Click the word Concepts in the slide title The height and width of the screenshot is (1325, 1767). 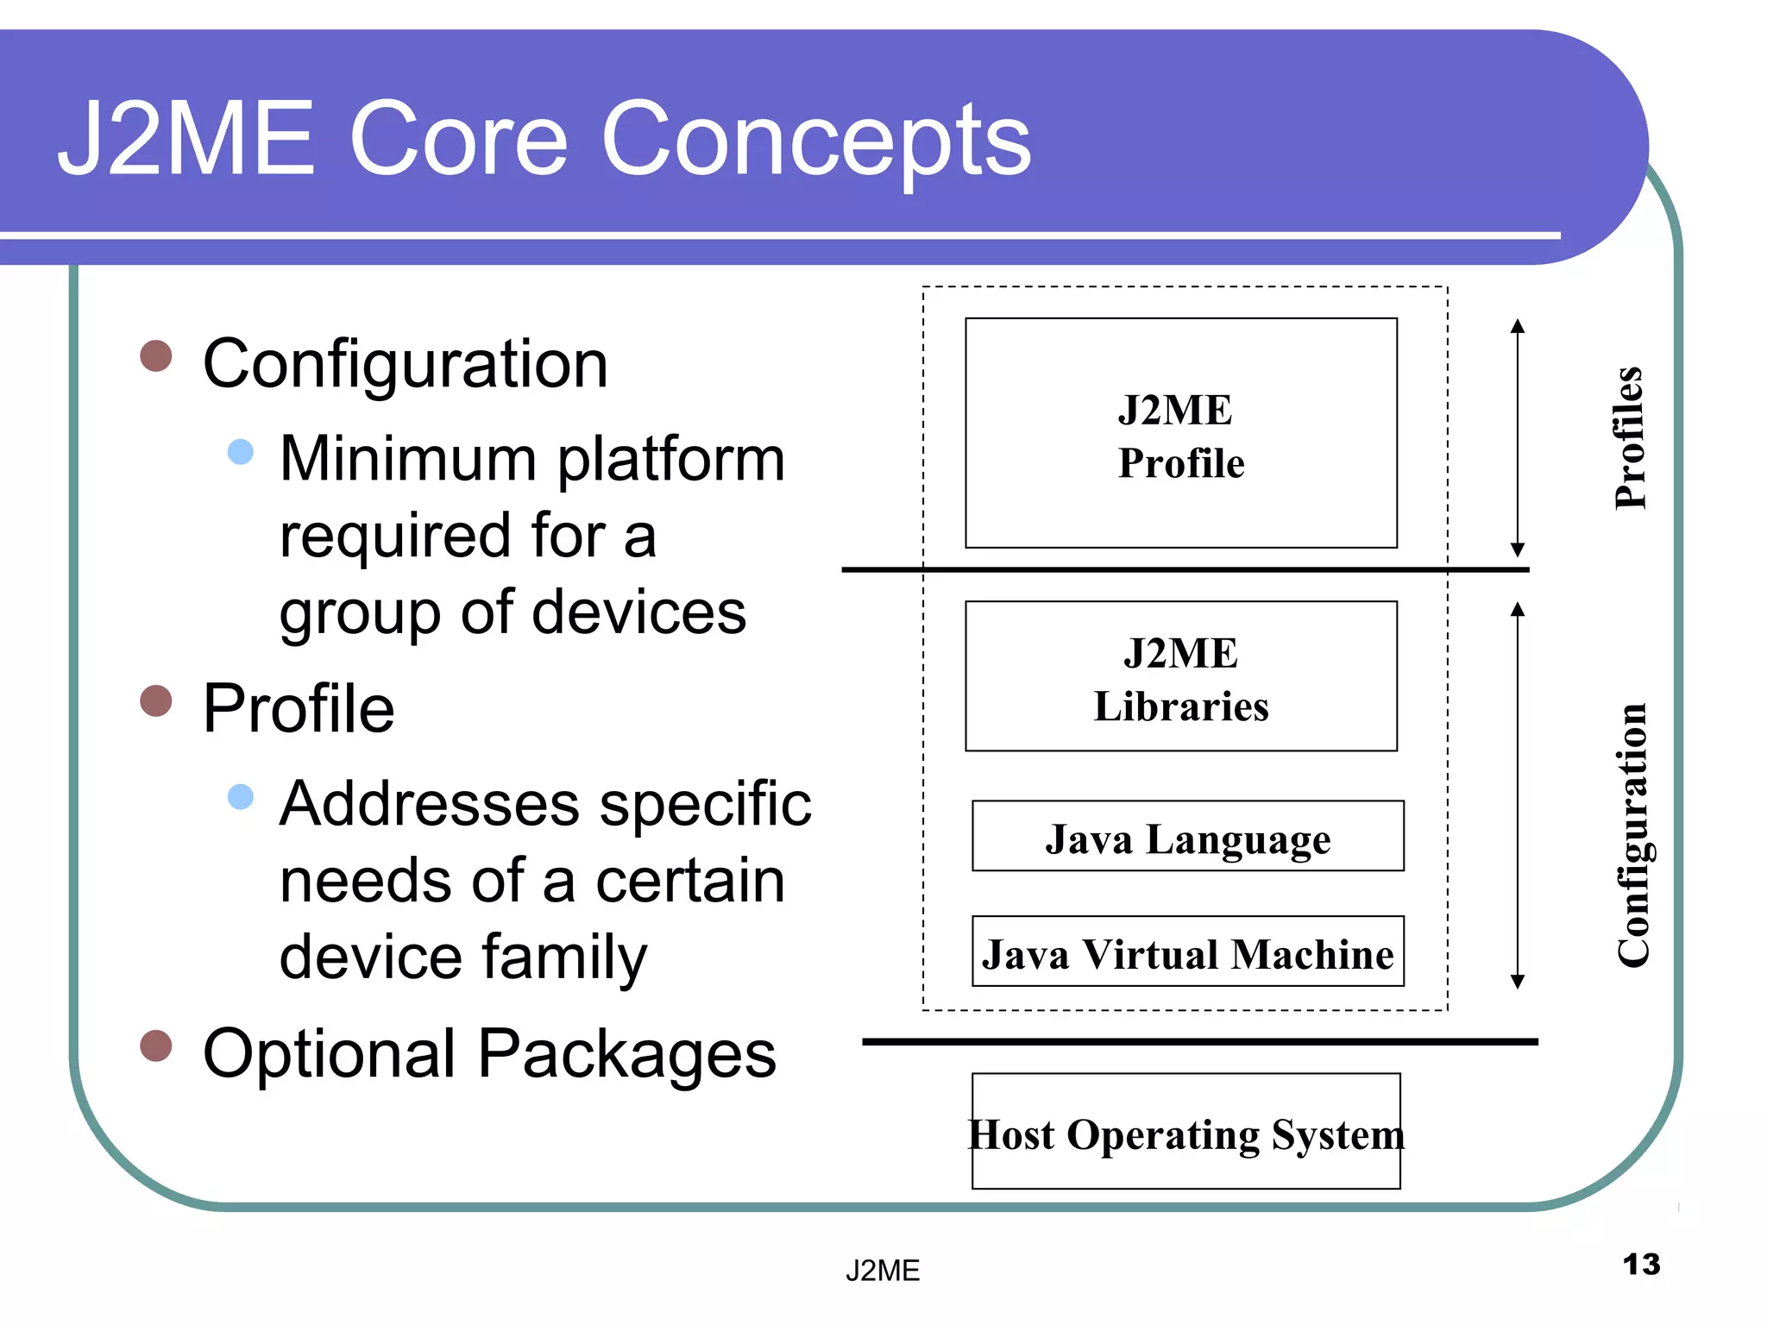tap(815, 140)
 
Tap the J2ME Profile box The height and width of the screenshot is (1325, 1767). tap(1180, 434)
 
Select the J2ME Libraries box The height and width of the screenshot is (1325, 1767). tap(1180, 677)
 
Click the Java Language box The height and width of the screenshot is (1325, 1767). tap(1187, 837)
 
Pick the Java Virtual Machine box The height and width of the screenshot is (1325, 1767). tap(1187, 952)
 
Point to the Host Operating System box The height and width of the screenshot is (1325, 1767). tap(1185, 1133)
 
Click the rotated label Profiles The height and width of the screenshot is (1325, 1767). tap(1630, 437)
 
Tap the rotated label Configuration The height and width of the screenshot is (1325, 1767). tap(1632, 835)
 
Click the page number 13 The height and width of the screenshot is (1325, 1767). tap(1640, 1265)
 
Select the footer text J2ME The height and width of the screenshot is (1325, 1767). tap(883, 1271)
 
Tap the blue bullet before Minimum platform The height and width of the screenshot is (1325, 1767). tap(241, 451)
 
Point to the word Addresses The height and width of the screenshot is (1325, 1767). tap(429, 804)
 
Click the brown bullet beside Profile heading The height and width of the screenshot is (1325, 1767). tap(156, 700)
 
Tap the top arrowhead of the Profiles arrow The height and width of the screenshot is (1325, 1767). tap(1518, 325)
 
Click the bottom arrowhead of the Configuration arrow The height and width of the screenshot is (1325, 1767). tap(1518, 983)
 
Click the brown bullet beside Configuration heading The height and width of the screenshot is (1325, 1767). tap(156, 355)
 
